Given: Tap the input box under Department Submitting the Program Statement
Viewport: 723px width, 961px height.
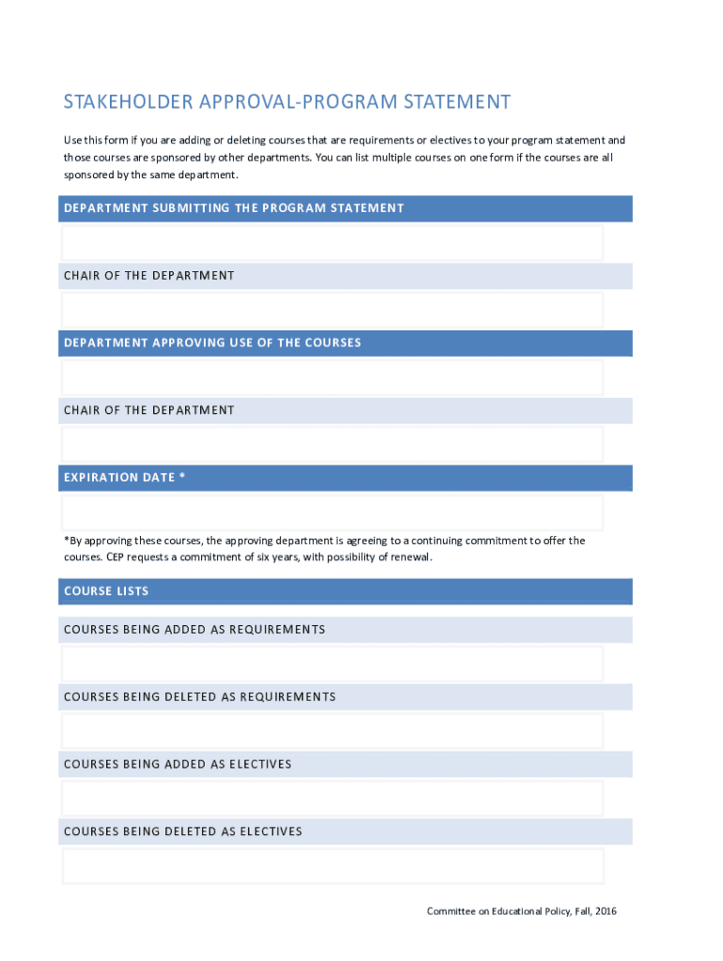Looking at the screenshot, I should pyautogui.click(x=332, y=242).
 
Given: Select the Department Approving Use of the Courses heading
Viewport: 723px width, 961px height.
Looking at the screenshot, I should pyautogui.click(x=212, y=343).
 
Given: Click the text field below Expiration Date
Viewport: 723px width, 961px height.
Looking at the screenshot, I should pyautogui.click(x=332, y=512).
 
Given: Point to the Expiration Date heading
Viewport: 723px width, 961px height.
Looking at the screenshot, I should pyautogui.click(x=124, y=478).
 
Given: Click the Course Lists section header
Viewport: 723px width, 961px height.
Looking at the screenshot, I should pyautogui.click(x=106, y=591).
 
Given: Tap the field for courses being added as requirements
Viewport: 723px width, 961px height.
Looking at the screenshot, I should pyautogui.click(x=332, y=663).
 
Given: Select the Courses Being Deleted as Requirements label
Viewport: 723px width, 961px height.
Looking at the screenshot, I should pyautogui.click(x=199, y=697).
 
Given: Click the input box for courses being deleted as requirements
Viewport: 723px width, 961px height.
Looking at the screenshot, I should pyautogui.click(x=332, y=730).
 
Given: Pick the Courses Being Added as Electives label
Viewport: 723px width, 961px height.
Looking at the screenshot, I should pyautogui.click(x=177, y=765).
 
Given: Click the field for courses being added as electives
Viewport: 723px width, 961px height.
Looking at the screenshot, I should pyautogui.click(x=332, y=798).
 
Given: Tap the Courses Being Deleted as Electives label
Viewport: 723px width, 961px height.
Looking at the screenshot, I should pyautogui.click(x=183, y=832).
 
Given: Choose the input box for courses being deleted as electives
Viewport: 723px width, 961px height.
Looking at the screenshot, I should pyautogui.click(x=332, y=865).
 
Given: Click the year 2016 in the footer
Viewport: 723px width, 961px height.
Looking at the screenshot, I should pyautogui.click(x=605, y=911).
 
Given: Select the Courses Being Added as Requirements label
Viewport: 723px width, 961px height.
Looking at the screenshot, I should pyautogui.click(x=194, y=630).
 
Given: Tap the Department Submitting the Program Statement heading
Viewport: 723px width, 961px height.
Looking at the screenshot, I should pyautogui.click(x=234, y=208).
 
